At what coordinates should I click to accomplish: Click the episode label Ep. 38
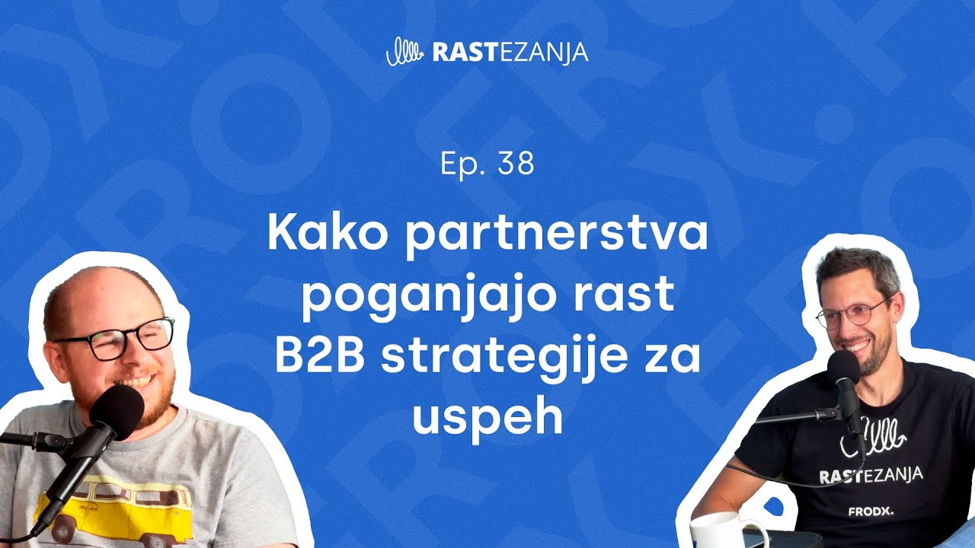click(x=487, y=164)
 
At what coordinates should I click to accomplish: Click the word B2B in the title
click(x=319, y=355)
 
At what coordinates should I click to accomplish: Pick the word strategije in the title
click(x=504, y=358)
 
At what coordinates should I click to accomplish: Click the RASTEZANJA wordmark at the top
click(x=510, y=53)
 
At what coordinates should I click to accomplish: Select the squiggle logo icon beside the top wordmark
click(x=404, y=52)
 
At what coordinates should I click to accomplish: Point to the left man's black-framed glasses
click(x=115, y=339)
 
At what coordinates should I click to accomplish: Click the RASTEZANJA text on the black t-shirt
click(x=871, y=474)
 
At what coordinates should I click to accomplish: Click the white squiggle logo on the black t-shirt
click(x=873, y=437)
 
